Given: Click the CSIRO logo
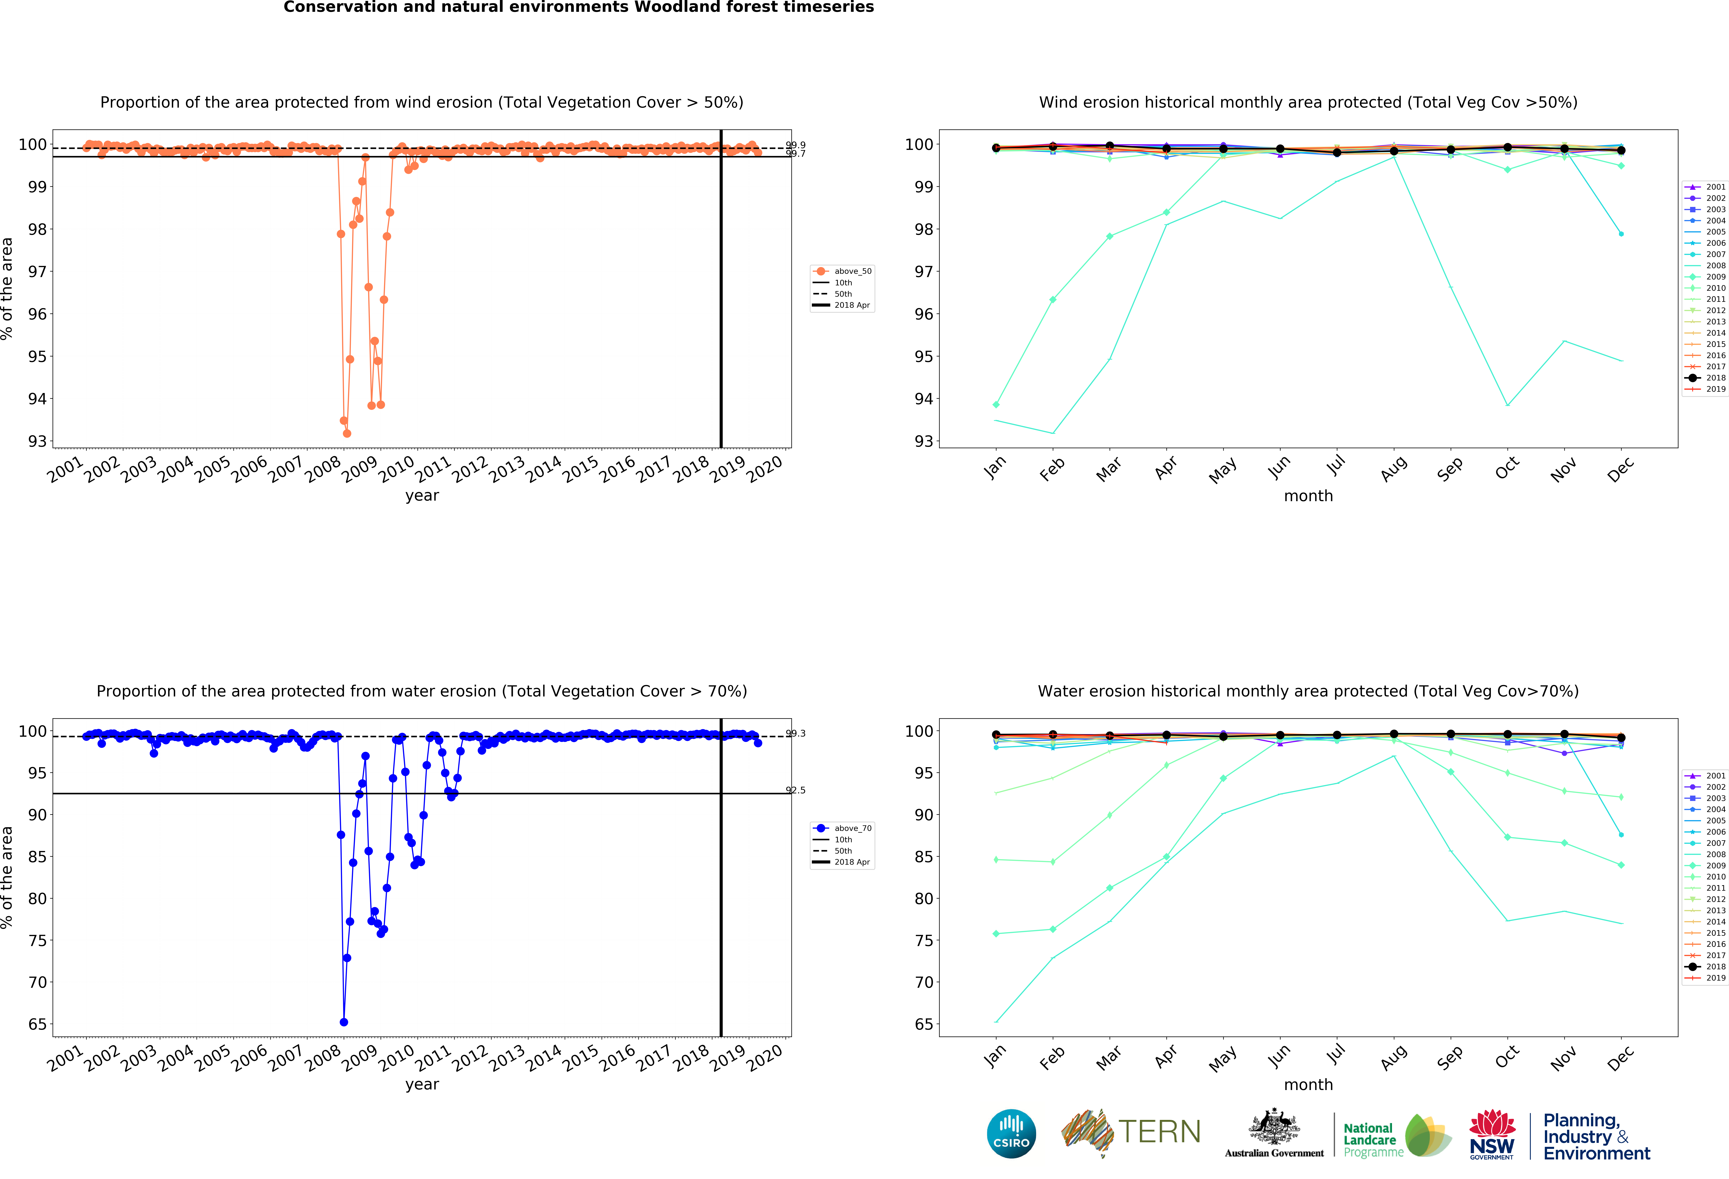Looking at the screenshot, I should pos(1011,1134).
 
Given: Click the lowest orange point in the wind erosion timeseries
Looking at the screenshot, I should pos(347,433).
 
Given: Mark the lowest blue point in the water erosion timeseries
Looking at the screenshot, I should pos(344,1022).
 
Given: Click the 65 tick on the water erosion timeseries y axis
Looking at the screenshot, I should pos(37,1024).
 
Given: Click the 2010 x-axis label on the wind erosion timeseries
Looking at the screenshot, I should pos(397,470).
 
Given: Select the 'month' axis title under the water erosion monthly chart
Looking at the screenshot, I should pos(1308,1084).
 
